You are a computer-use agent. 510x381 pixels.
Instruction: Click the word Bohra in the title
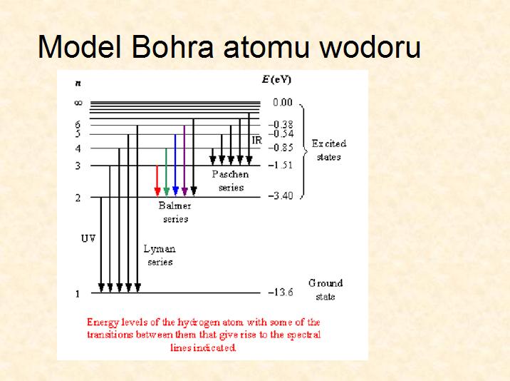click(x=172, y=46)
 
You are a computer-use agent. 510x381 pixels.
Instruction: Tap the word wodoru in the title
click(x=370, y=46)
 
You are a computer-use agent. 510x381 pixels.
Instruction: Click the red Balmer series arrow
click(x=157, y=181)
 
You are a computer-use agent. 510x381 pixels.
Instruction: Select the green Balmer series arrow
click(x=166, y=172)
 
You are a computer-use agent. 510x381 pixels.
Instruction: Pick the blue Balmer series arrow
click(x=175, y=165)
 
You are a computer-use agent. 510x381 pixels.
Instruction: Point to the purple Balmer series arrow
click(x=184, y=161)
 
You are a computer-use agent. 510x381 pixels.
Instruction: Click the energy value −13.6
click(x=281, y=292)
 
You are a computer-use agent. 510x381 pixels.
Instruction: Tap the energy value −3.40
click(x=281, y=195)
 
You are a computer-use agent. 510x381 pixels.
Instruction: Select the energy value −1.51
click(x=281, y=165)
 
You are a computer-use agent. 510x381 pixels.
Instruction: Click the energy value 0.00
click(x=283, y=102)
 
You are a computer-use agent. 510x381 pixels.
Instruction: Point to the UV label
click(x=88, y=238)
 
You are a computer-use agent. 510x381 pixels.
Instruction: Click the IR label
click(x=257, y=140)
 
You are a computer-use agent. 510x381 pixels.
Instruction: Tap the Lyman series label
click(x=160, y=255)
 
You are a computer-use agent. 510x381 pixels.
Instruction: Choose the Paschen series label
click(x=231, y=181)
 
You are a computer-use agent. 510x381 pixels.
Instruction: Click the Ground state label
click(x=326, y=290)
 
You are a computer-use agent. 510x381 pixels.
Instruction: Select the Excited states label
click(x=329, y=151)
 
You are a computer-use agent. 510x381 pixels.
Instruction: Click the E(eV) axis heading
click(x=276, y=79)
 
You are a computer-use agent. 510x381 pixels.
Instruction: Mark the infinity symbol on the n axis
click(x=78, y=103)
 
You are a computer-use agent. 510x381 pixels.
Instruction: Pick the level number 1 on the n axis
click(x=78, y=294)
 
